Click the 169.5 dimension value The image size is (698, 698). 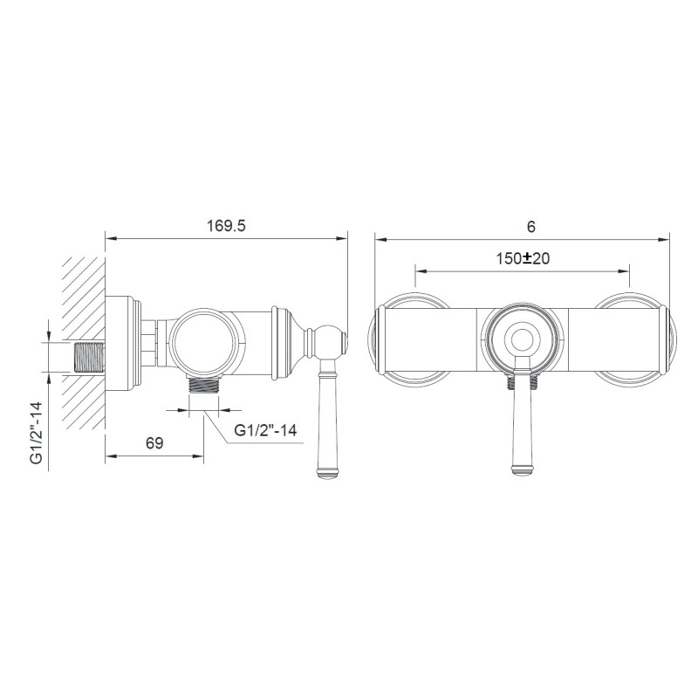(226, 226)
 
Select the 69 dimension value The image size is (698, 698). (154, 443)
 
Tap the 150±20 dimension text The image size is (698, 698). (523, 258)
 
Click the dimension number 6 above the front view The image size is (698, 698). (530, 227)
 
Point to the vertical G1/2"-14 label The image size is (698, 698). (37, 433)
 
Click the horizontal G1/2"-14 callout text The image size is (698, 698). (265, 430)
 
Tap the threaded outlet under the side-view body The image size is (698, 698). (204, 384)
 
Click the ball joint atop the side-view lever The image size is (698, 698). (328, 341)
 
